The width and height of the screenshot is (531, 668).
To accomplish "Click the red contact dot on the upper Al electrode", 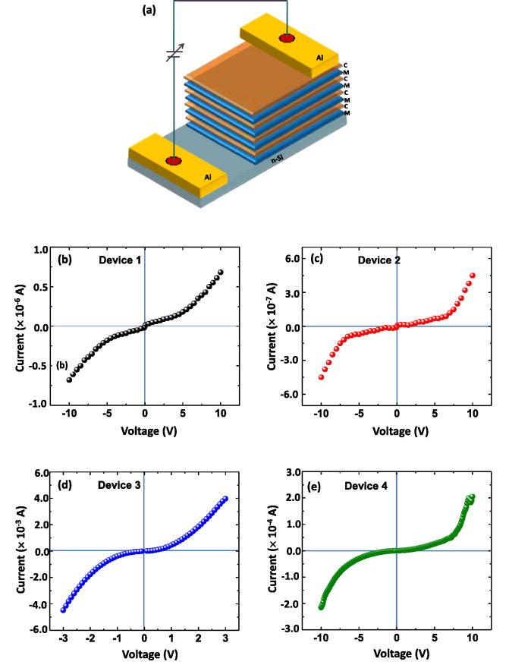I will pyautogui.click(x=287, y=39).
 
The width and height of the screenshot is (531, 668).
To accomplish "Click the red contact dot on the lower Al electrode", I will pyautogui.click(x=174, y=160).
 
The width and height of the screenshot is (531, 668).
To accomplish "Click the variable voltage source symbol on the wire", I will pyautogui.click(x=174, y=54).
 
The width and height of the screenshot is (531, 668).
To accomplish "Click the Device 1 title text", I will pyautogui.click(x=119, y=260).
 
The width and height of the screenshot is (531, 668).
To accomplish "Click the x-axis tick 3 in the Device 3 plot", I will pyautogui.click(x=225, y=639).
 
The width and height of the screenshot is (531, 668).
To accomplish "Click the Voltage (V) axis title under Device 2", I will pyautogui.click(x=395, y=430).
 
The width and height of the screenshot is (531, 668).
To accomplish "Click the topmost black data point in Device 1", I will pyautogui.click(x=221, y=273).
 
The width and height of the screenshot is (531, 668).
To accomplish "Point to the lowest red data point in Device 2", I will pyautogui.click(x=322, y=377).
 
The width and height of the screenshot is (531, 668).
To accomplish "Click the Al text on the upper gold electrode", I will pyautogui.click(x=322, y=57).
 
